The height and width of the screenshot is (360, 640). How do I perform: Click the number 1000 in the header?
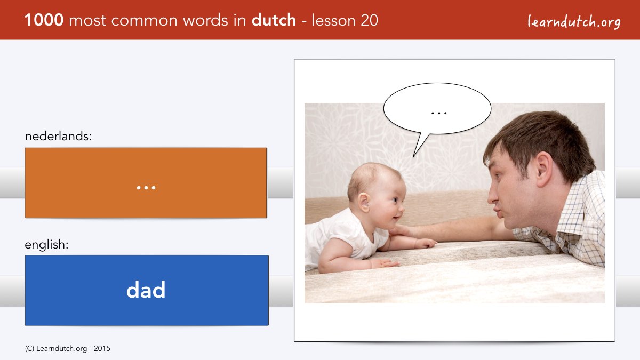(44, 20)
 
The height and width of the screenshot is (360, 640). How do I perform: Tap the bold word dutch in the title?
(274, 20)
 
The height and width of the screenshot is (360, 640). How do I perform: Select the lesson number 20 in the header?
(369, 20)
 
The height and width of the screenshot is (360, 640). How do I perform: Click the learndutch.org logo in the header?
(574, 22)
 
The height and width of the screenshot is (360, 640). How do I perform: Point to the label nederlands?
(58, 136)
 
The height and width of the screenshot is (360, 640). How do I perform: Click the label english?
(46, 245)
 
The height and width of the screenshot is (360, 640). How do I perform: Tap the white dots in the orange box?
(146, 188)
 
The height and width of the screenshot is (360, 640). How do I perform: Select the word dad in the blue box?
(146, 290)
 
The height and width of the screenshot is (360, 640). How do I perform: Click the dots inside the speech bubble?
(439, 113)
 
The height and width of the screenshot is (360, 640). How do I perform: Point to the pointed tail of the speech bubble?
(414, 156)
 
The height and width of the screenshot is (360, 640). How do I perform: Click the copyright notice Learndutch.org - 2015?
(67, 349)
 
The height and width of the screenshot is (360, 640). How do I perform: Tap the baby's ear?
(364, 202)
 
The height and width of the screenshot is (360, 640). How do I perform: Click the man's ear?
(543, 169)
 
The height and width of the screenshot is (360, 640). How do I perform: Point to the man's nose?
(493, 196)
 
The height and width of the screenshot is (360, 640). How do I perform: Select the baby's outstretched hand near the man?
(426, 243)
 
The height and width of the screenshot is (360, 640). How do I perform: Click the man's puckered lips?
(499, 213)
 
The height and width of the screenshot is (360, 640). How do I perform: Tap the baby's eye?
(395, 199)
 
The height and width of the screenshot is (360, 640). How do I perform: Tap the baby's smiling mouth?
(396, 218)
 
